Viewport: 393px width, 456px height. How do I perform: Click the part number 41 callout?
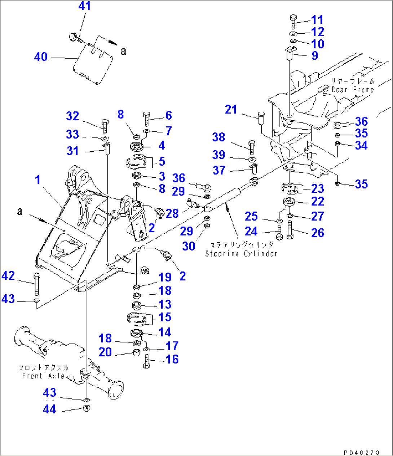click(84, 6)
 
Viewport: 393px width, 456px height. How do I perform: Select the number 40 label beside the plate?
click(41, 57)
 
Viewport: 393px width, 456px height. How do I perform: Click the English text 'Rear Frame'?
click(352, 90)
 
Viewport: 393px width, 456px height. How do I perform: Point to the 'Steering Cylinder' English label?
click(241, 253)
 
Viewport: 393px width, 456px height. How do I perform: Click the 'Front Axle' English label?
click(43, 376)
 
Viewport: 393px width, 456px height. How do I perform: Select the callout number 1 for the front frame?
click(37, 180)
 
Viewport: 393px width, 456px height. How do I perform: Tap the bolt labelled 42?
click(36, 285)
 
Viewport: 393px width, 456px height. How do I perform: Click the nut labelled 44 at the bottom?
click(86, 409)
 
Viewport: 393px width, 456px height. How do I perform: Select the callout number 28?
click(172, 213)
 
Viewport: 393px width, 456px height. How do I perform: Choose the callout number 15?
click(165, 317)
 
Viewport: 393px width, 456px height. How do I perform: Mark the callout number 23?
click(318, 188)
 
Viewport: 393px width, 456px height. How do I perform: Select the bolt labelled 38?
click(252, 146)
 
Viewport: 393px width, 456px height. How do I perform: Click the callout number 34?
click(361, 146)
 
